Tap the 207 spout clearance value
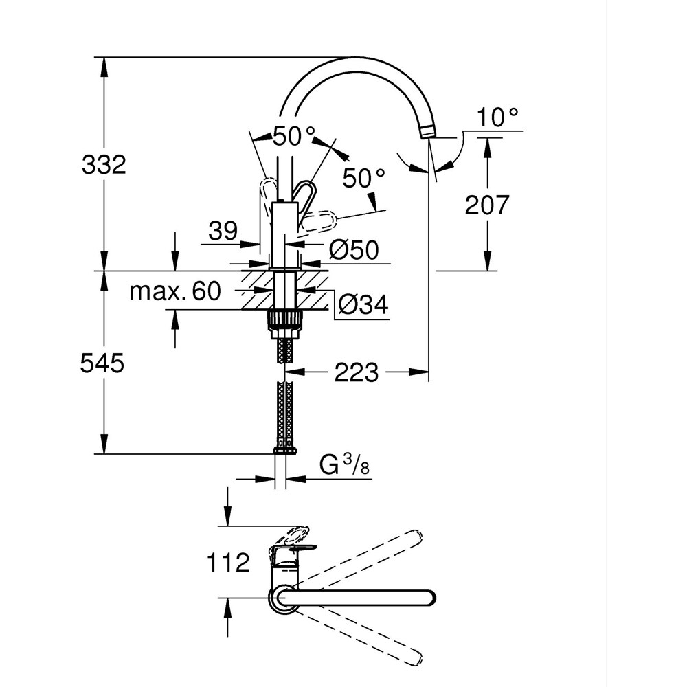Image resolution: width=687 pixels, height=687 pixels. point(487,204)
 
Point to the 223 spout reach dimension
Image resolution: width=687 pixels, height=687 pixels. point(357,373)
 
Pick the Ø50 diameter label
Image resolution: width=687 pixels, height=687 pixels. point(354,250)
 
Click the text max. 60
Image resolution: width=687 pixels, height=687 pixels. point(176,291)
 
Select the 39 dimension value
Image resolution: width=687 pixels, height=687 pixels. point(223,231)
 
